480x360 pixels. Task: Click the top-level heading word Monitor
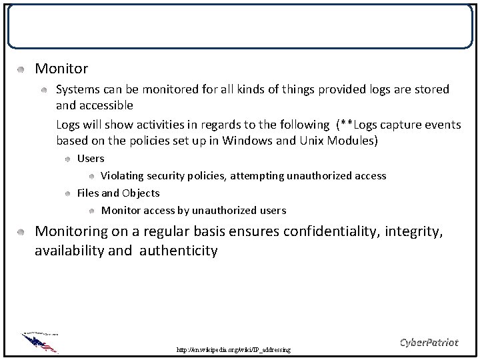[x=61, y=68]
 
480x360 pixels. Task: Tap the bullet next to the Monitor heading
[x=21, y=69]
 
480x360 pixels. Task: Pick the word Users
[x=91, y=159]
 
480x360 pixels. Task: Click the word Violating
[x=124, y=176]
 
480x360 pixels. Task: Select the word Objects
[x=139, y=193]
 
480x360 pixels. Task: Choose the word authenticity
[x=179, y=251]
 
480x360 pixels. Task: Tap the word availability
[x=67, y=251]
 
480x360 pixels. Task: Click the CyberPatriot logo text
[x=429, y=343]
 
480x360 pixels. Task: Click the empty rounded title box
[x=240, y=27]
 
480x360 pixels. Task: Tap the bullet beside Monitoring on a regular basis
[x=21, y=232]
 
